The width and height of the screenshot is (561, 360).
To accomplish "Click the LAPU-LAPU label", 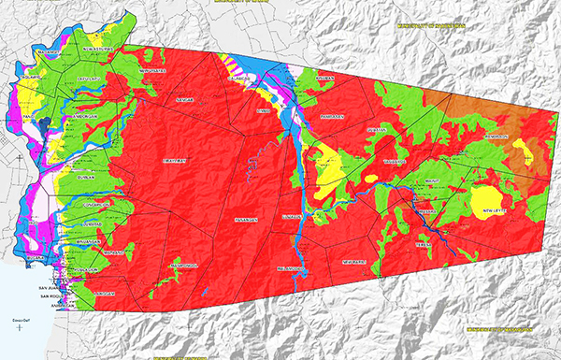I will (x=89, y=80).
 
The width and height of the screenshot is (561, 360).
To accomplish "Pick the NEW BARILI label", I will (x=359, y=263).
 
